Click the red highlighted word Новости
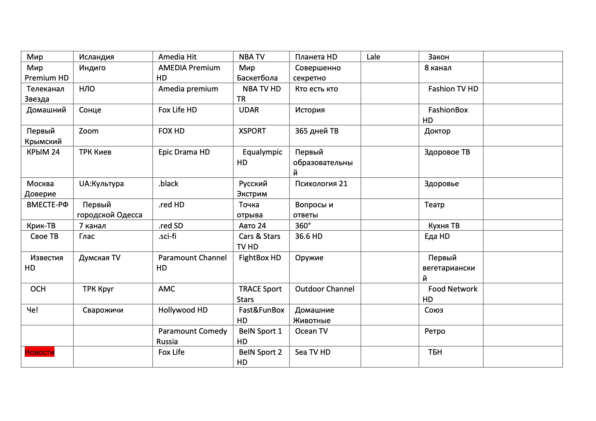pyautogui.click(x=39, y=352)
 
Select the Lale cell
pyautogui.click(x=373, y=57)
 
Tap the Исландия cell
pyautogui.click(x=97, y=57)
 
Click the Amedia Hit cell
pyautogui.click(x=177, y=57)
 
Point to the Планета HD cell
pyautogui.click(x=316, y=57)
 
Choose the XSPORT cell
pyautogui.click(x=252, y=131)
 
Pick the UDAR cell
pyautogui.click(x=249, y=110)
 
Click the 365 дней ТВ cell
pyautogui.click(x=317, y=131)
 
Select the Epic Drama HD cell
pyautogui.click(x=184, y=152)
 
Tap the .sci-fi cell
pyautogui.click(x=167, y=236)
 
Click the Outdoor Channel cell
pyautogui.click(x=325, y=289)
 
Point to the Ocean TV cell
pyautogui.click(x=311, y=331)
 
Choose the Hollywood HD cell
pyautogui.click(x=183, y=310)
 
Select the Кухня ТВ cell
pyautogui.click(x=444, y=226)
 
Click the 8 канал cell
pyautogui.click(x=438, y=68)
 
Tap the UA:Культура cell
pyautogui.click(x=101, y=184)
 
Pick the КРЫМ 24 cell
pyautogui.click(x=43, y=152)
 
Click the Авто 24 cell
pyautogui.click(x=252, y=226)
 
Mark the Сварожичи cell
pyautogui.click(x=103, y=310)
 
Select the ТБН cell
pyautogui.click(x=435, y=352)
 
